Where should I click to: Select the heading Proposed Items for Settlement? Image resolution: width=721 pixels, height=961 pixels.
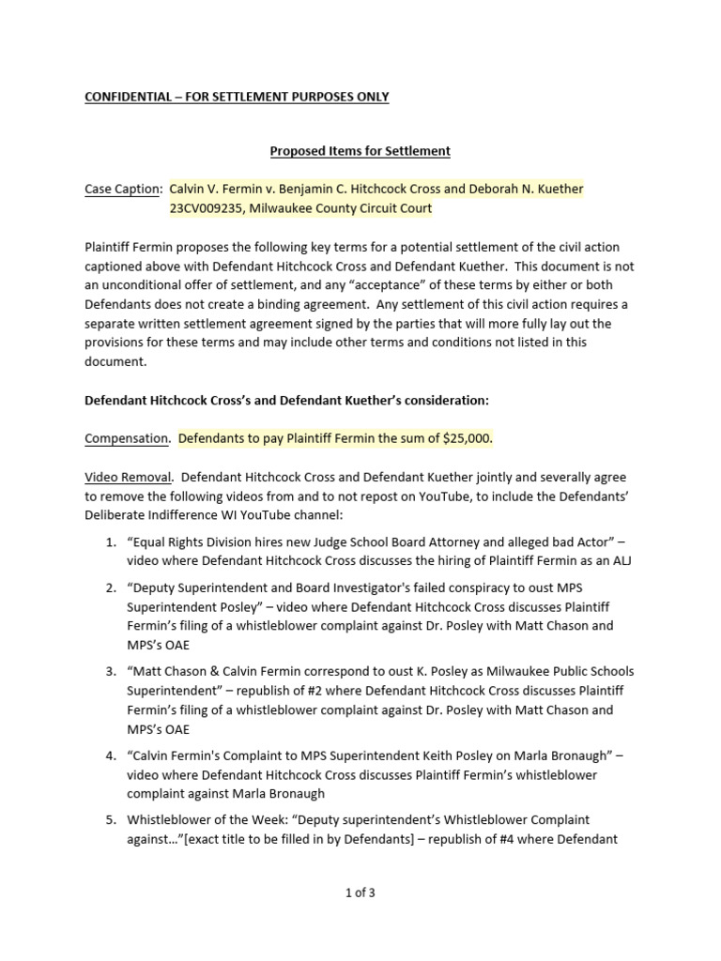360,150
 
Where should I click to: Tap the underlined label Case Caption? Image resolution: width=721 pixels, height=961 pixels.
122,190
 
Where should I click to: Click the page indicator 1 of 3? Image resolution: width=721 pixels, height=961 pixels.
360,893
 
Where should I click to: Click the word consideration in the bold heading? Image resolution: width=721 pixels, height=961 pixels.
442,400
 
